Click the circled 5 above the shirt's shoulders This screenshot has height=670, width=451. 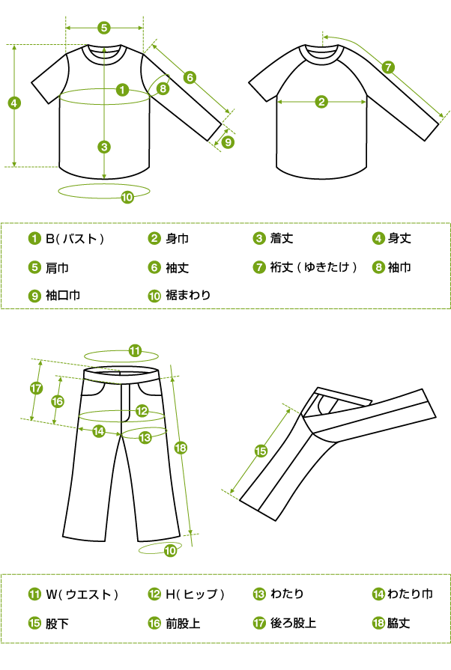point(104,28)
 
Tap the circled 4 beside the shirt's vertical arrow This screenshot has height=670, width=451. point(14,103)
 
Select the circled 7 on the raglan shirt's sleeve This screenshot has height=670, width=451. point(388,67)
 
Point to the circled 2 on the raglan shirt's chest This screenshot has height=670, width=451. point(321,102)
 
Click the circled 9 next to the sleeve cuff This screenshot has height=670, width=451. point(228,142)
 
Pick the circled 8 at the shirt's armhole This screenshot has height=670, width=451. point(163,88)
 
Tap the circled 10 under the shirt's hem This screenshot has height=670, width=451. point(127,197)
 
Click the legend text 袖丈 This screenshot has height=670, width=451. point(177,268)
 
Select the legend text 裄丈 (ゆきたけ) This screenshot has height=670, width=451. point(313,267)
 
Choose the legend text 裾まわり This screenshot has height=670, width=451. point(188,295)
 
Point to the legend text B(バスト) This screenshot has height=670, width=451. point(75,239)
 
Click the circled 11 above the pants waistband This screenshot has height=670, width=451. point(135,351)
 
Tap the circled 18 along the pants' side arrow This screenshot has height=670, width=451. point(181,448)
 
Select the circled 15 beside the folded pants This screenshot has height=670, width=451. point(261,451)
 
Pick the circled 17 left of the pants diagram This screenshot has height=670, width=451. point(37,388)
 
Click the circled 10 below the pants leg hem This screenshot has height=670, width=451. point(170,550)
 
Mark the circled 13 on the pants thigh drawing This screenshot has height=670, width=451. point(145,437)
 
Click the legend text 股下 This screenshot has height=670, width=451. point(57,624)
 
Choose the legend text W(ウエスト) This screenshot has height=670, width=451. point(82,594)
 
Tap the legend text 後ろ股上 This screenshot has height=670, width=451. point(293,623)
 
